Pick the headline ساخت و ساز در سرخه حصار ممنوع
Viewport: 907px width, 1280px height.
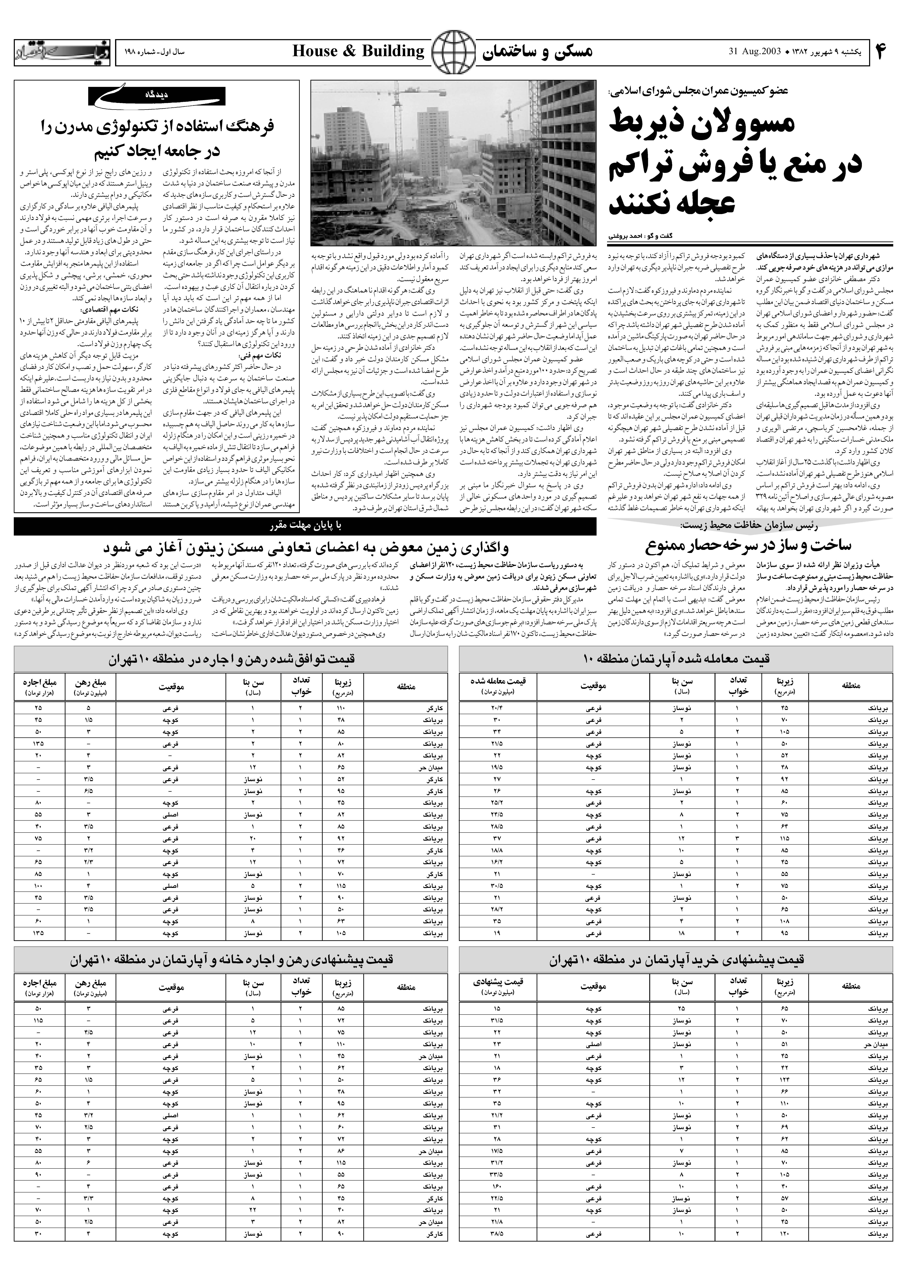748,545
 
